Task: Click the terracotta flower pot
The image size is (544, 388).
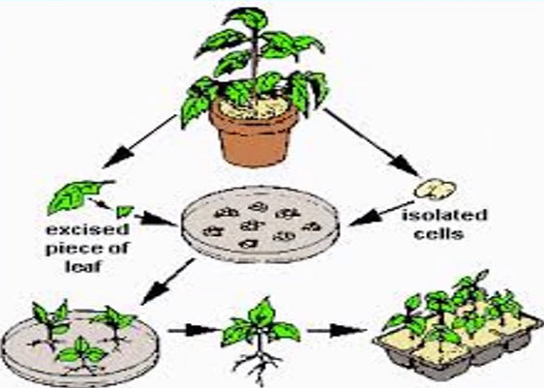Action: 254,134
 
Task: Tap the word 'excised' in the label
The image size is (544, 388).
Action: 88,230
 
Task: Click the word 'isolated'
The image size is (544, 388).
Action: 444,215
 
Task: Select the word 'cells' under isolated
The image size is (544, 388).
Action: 438,234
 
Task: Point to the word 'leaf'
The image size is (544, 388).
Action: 83,266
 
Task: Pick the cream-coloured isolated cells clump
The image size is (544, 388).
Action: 435,189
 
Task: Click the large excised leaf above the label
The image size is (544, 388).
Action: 78,195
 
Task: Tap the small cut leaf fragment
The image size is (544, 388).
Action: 124,211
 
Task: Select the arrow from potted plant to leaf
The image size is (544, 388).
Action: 139,141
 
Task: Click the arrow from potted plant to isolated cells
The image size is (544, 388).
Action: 371,142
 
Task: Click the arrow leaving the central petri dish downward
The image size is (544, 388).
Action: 168,282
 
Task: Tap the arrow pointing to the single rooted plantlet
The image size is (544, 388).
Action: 195,330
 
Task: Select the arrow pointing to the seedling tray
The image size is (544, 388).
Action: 337,331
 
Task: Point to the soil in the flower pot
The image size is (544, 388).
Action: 255,106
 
